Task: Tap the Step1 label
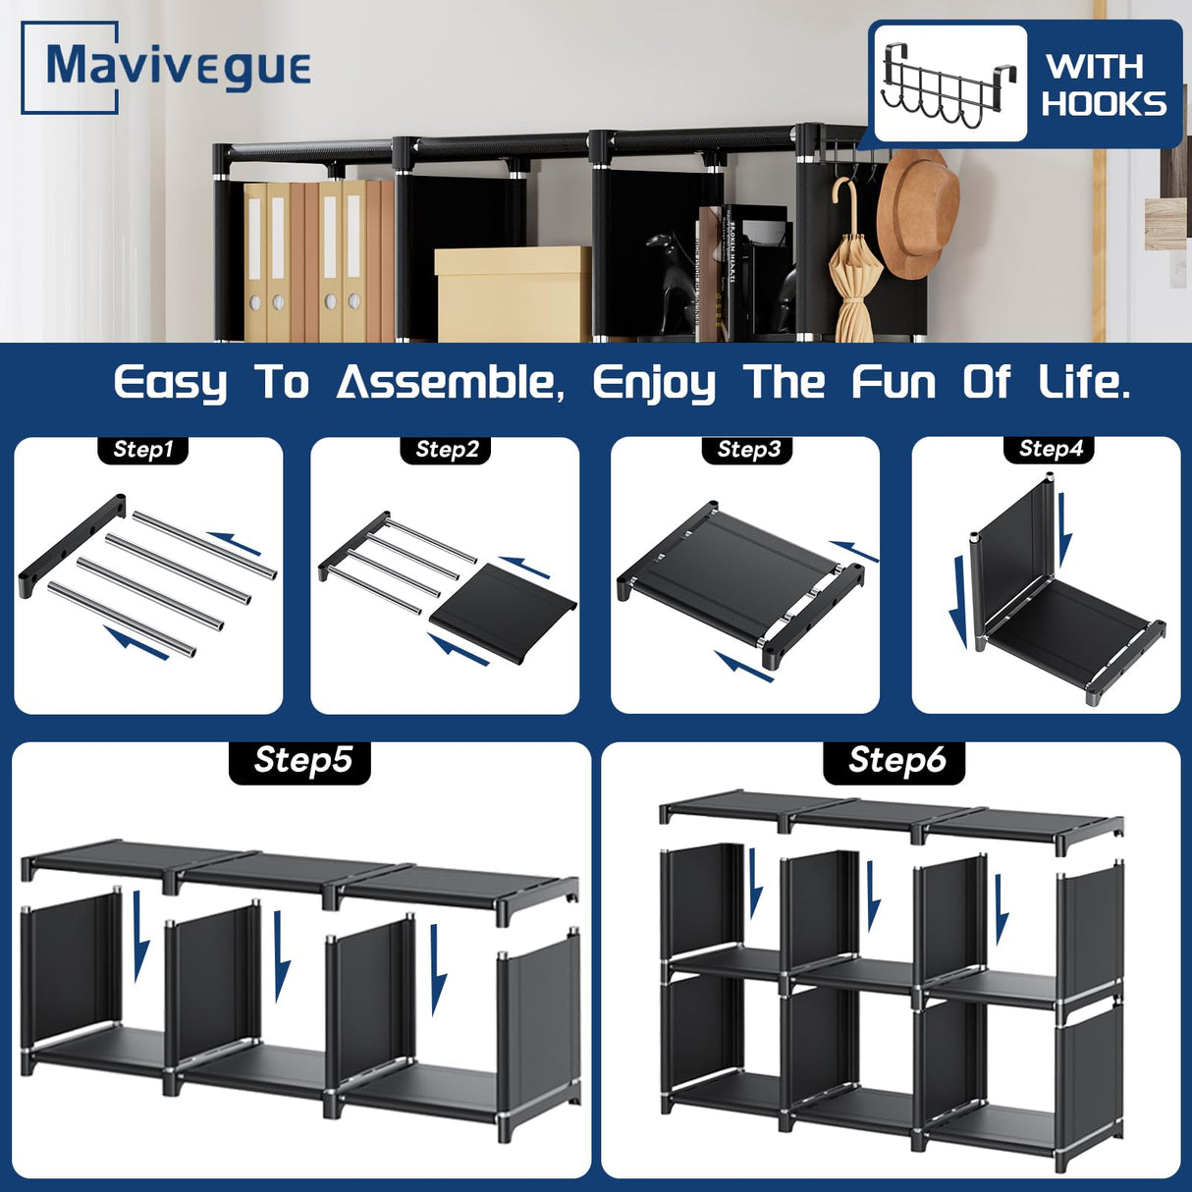(x=143, y=450)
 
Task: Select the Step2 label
(x=447, y=450)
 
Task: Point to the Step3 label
(x=748, y=450)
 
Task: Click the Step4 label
(x=1050, y=449)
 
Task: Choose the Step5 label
(x=301, y=761)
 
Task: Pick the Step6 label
(x=895, y=761)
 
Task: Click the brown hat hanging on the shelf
(x=916, y=211)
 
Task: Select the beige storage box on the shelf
(x=512, y=293)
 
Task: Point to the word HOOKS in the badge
(x=1104, y=104)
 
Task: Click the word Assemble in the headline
(x=451, y=382)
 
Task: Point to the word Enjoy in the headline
(x=654, y=383)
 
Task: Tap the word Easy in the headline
(x=170, y=383)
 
